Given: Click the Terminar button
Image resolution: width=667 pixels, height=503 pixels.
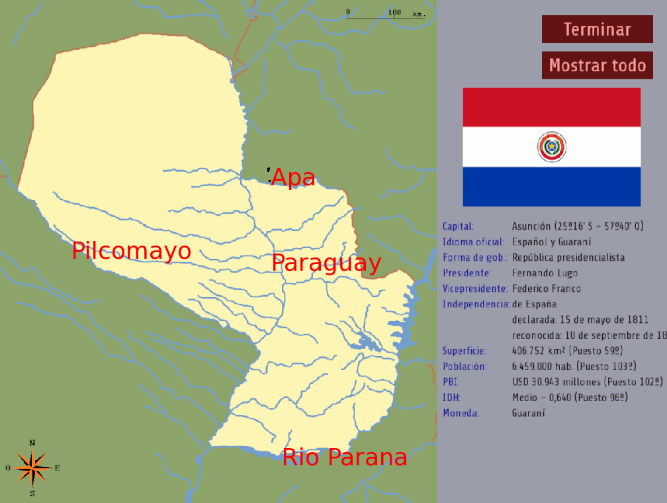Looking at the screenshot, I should (x=597, y=30).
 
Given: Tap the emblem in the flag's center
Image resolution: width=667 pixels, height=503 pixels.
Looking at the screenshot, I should (x=551, y=147).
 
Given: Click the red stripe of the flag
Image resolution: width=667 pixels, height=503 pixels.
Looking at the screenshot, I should (x=551, y=107).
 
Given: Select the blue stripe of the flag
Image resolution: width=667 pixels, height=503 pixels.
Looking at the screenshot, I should (x=551, y=187).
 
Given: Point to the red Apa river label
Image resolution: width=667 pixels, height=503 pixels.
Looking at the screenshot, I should (x=294, y=177).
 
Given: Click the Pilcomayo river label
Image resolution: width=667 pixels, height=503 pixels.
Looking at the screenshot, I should (x=132, y=251).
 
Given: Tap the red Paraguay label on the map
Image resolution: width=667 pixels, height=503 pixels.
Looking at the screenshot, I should (x=326, y=263).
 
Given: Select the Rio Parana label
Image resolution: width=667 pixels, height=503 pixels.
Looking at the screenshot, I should (x=345, y=457).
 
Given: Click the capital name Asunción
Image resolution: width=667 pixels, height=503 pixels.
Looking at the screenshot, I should (x=531, y=226).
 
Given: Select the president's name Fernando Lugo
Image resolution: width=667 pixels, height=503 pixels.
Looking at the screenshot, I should (x=545, y=273).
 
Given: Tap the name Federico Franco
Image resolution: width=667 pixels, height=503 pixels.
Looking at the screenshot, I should (x=547, y=289).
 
